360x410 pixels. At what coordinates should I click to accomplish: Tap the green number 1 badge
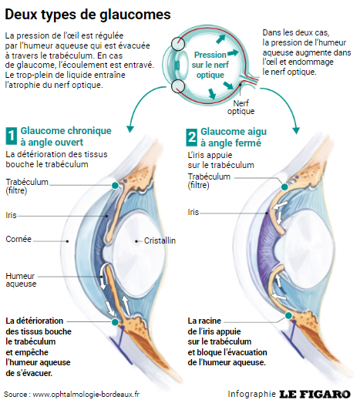[x=11, y=136]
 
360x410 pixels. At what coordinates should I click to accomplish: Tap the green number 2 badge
[x=192, y=136]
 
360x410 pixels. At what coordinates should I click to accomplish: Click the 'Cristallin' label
[x=160, y=240]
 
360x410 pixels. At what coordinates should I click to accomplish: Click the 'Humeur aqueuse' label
[x=21, y=280]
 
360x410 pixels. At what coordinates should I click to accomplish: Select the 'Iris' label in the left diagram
[x=12, y=215]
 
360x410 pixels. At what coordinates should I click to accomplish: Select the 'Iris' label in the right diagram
[x=193, y=211]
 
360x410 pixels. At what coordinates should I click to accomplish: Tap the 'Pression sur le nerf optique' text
[x=210, y=66]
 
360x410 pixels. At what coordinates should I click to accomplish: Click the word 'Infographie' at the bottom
[x=251, y=394]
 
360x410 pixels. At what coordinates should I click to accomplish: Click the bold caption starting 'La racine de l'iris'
[x=227, y=341]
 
